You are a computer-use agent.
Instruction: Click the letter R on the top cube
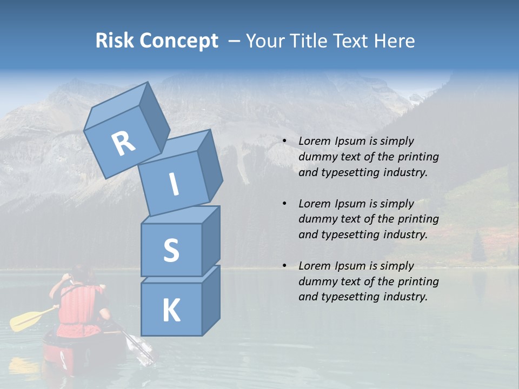pyautogui.click(x=123, y=144)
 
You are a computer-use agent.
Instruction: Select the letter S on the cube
pyautogui.click(x=171, y=250)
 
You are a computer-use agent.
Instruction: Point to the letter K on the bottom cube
pyautogui.click(x=171, y=310)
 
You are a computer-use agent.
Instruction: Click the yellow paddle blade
pyautogui.click(x=25, y=321)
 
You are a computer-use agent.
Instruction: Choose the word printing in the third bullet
pyautogui.click(x=418, y=281)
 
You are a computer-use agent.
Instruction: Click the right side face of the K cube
pyautogui.click(x=211, y=300)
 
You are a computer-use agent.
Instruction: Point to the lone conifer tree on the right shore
pyautogui.click(x=478, y=247)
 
